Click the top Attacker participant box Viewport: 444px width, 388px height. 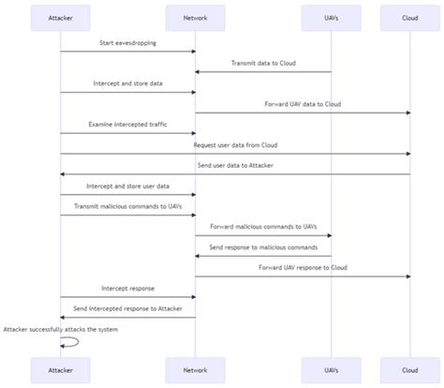pos(60,17)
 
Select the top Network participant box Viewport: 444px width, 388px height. pos(195,17)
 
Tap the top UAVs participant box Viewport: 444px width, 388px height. pos(331,17)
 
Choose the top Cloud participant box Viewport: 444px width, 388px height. pos(409,17)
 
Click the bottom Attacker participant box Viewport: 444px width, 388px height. pos(60,370)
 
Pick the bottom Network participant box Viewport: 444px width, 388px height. pos(195,370)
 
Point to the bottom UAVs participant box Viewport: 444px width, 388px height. pos(331,370)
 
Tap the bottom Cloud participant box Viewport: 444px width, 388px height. pos(409,370)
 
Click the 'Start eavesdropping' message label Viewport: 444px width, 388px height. pos(127,43)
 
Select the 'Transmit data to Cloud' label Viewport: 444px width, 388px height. pos(263,64)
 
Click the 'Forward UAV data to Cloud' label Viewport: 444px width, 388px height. pos(303,104)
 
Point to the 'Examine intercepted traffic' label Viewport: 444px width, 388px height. pos(127,124)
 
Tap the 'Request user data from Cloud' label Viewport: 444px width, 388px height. pos(235,145)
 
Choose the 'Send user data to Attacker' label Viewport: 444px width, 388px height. pos(235,165)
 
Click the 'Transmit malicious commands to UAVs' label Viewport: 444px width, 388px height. pos(127,206)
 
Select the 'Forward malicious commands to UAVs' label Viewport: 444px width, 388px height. pos(263,226)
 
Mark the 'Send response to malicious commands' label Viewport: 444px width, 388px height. pos(263,246)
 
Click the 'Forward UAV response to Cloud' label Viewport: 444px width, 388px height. pos(303,267)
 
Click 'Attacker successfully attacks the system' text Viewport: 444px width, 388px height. pos(60,329)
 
